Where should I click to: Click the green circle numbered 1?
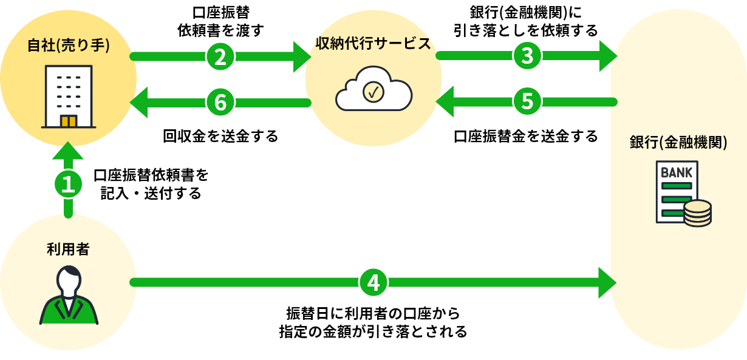[69, 184]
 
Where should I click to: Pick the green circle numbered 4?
[373, 282]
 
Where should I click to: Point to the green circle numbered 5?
[527, 101]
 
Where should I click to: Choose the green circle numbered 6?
[220, 101]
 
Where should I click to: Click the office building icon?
[69, 97]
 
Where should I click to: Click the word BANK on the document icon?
[677, 172]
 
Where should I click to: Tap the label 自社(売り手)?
[69, 46]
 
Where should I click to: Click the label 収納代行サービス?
[373, 43]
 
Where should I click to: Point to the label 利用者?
[68, 249]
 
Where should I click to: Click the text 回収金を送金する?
[220, 135]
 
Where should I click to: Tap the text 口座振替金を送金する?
[526, 135]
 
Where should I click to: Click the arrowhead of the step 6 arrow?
[140, 101]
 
